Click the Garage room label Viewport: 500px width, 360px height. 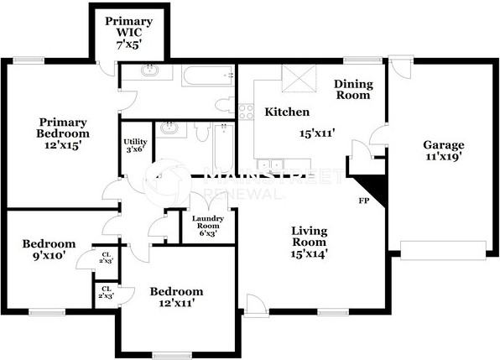pos(444,145)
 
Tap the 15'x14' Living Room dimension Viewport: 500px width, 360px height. pos(310,254)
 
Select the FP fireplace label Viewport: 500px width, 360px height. pos(364,201)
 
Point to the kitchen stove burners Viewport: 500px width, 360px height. pos(246,112)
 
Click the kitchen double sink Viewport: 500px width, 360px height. pos(270,164)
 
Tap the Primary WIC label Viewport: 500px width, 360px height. pos(129,27)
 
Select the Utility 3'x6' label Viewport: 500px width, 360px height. pos(136,145)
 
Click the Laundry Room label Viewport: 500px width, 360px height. pos(208,222)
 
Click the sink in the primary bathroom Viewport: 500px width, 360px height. pos(149,70)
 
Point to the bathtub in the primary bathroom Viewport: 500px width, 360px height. pos(208,76)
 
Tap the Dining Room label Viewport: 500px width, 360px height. pos(353,90)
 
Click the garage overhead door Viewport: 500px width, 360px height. pos(443,251)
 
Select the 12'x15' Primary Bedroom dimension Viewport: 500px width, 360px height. pos(61,145)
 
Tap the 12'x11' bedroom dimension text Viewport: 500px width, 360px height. pos(177,303)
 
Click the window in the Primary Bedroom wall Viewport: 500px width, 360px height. pos(29,60)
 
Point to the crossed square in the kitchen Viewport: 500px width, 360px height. pos(299,79)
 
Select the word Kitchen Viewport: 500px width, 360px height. pos(287,112)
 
